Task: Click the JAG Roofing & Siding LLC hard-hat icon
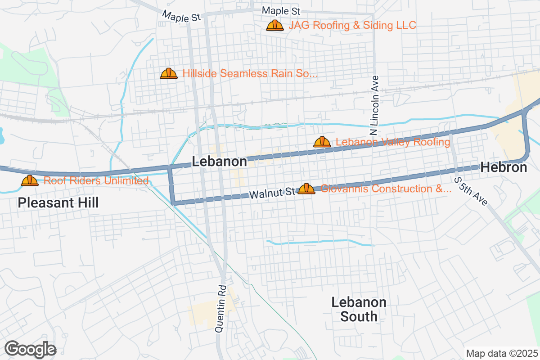pyautogui.click(x=274, y=26)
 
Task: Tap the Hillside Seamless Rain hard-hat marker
pyautogui.click(x=169, y=73)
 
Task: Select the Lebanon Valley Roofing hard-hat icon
pyautogui.click(x=322, y=142)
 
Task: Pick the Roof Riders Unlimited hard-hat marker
pyautogui.click(x=30, y=181)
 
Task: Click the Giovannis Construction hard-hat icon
pyautogui.click(x=306, y=189)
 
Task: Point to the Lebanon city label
pyautogui.click(x=220, y=162)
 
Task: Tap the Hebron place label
pyautogui.click(x=504, y=167)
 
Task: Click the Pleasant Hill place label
pyautogui.click(x=58, y=202)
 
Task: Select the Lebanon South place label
pyautogui.click(x=359, y=309)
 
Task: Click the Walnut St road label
pyautogui.click(x=272, y=194)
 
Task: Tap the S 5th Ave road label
pyautogui.click(x=471, y=191)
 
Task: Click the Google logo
pyautogui.click(x=31, y=349)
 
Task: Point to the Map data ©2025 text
pyautogui.click(x=501, y=353)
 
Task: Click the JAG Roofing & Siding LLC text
pyautogui.click(x=352, y=25)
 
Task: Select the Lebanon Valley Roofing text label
pyautogui.click(x=393, y=142)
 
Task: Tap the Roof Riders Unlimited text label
pyautogui.click(x=96, y=181)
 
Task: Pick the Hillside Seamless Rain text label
pyautogui.click(x=250, y=73)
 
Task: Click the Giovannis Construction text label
pyautogui.click(x=386, y=189)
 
